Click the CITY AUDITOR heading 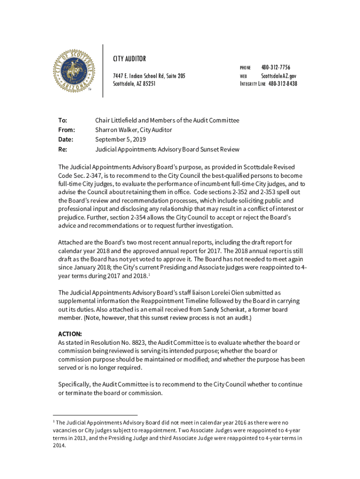[x=130, y=59]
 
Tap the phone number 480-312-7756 [x=275, y=68]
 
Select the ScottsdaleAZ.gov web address [x=279, y=76]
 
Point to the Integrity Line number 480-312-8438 [x=282, y=84]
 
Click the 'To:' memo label [x=63, y=120]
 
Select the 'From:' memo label [x=66, y=130]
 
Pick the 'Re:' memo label [x=63, y=150]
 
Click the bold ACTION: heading [x=70, y=334]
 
